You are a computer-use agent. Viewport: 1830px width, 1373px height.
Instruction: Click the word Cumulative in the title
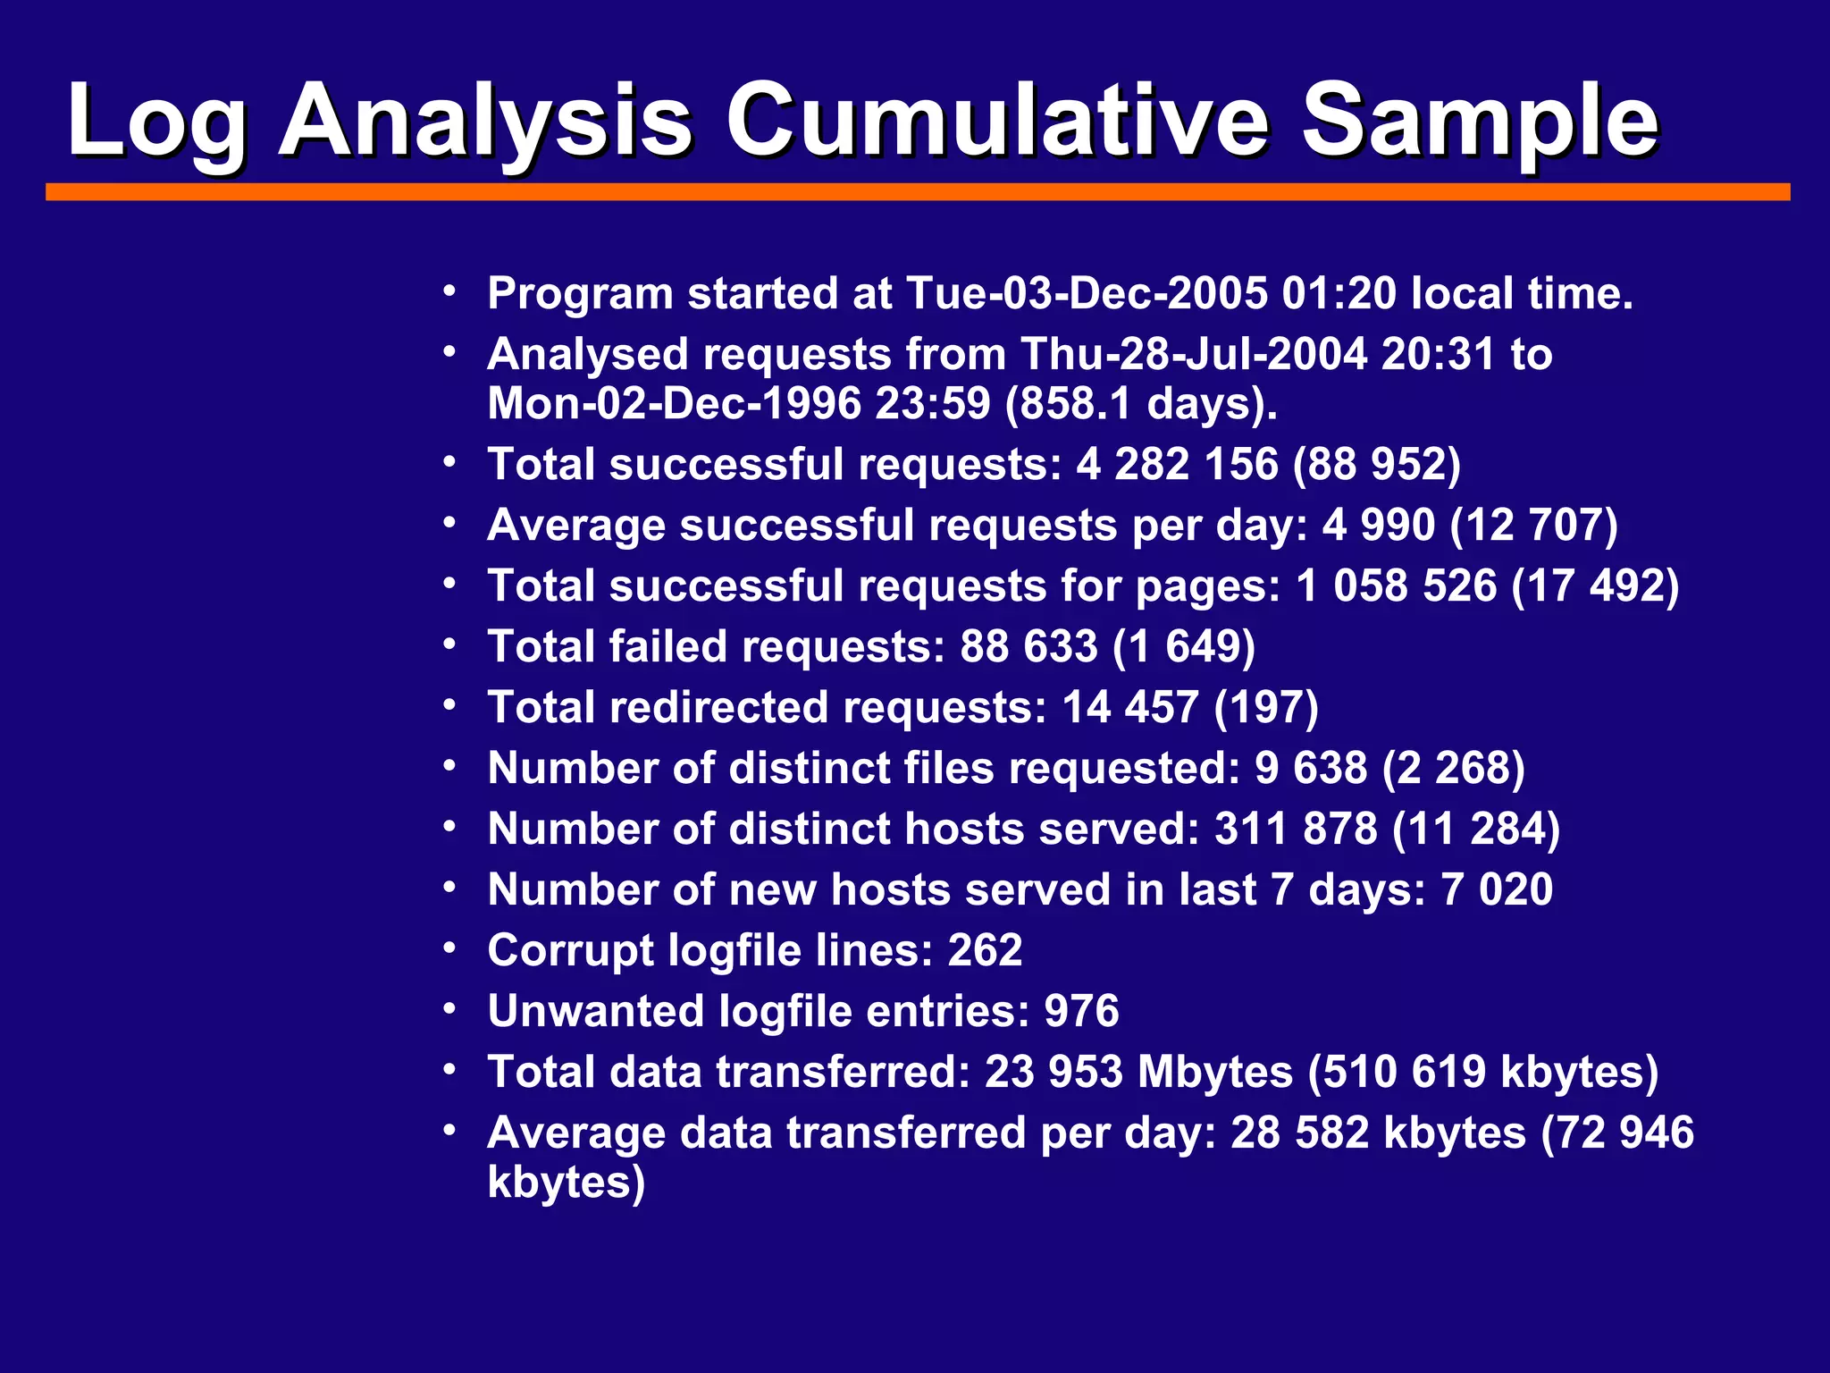996,121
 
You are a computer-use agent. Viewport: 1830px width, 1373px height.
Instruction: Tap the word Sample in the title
1479,121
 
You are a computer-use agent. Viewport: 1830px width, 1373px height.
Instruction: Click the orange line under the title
918,191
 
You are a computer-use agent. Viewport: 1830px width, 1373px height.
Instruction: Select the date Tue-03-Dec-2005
1087,293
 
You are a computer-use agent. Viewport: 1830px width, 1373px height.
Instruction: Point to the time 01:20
1339,293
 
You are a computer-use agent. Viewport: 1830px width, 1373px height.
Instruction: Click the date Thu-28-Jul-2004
1194,354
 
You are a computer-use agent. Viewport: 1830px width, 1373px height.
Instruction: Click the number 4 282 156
1178,464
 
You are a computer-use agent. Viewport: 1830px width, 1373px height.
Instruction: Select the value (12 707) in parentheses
1533,525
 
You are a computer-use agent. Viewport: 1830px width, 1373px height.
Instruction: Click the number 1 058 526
1396,585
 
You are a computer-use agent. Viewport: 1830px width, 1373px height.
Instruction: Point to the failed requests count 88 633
1028,646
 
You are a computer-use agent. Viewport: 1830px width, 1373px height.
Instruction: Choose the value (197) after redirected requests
1266,707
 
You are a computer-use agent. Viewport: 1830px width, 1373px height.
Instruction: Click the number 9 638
1311,768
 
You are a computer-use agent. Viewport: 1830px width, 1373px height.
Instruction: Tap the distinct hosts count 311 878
1296,829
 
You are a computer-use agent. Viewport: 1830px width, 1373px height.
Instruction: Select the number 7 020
1497,889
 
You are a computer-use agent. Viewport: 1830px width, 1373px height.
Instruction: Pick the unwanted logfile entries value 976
1081,1011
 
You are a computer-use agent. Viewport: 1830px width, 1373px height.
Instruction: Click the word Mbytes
1214,1072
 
